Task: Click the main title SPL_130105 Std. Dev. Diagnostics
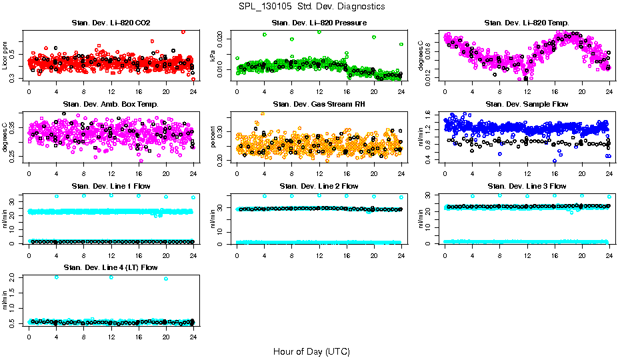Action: coord(311,6)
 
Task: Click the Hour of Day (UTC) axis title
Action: coord(311,351)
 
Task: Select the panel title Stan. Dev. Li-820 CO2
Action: coord(111,23)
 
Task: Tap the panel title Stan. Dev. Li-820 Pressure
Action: coord(319,23)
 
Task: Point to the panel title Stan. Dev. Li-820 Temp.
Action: coord(527,23)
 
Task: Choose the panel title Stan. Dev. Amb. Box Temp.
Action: coord(111,104)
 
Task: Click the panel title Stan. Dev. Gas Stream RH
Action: coord(319,104)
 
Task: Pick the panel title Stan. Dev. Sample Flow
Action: coord(527,104)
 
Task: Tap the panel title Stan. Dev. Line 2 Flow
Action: coord(319,186)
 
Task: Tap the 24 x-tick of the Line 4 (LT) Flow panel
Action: coord(193,336)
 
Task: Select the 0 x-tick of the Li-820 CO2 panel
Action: coord(29,91)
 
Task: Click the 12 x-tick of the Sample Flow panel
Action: coord(527,173)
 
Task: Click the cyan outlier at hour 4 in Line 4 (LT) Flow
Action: coord(56,277)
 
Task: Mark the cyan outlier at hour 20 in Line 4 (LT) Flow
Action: coord(165,279)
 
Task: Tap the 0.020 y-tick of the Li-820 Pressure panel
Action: coord(221,38)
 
